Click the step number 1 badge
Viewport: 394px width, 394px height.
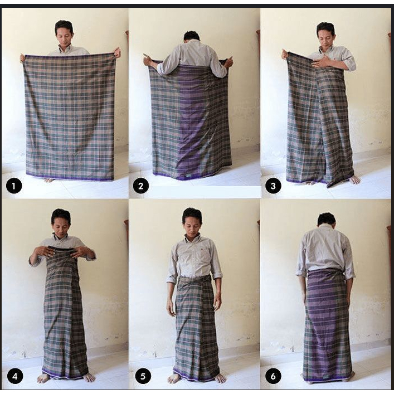tap(14, 186)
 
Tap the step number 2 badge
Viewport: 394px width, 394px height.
tap(140, 186)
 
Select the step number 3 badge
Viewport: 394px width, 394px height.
tap(273, 186)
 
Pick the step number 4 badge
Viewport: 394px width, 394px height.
tap(15, 376)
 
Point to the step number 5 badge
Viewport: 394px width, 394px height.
tap(143, 376)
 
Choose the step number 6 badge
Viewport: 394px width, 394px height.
tap(273, 376)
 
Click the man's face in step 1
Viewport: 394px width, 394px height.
tap(65, 36)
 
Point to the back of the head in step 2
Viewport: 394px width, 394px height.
tap(192, 36)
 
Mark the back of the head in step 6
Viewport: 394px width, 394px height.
tap(327, 220)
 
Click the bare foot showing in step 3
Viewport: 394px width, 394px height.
tap(355, 179)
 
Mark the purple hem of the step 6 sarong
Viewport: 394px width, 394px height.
tap(328, 379)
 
